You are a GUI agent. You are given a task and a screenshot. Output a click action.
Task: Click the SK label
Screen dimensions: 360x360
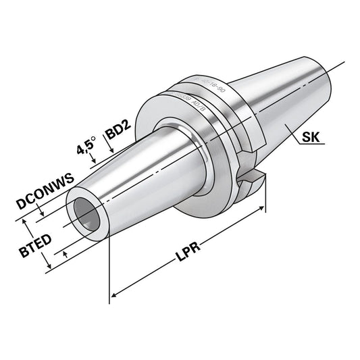tap(311, 138)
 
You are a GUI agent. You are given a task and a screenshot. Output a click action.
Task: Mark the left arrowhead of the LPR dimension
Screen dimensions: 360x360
tap(113, 294)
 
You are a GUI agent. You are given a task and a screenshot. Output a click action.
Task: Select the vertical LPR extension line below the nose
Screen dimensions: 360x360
tap(109, 270)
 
